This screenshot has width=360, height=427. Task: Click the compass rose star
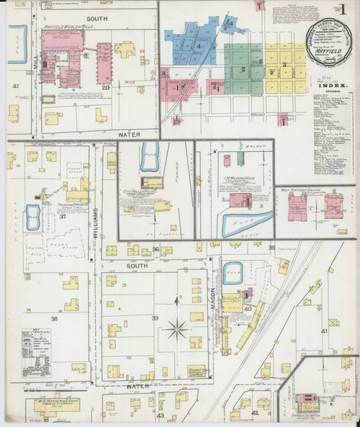176,331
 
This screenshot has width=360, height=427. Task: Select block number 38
53,318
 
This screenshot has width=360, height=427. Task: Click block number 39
154,318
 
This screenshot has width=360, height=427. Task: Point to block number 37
63,216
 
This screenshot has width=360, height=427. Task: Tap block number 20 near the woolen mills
105,88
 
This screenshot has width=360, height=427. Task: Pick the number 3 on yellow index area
284,66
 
